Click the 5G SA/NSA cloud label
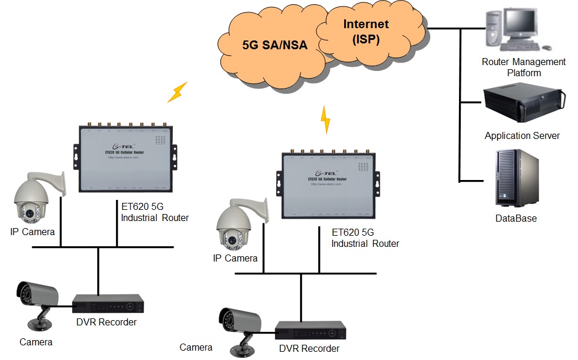(274, 45)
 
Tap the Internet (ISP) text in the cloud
(366, 32)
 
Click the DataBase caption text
(516, 219)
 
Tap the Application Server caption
(522, 136)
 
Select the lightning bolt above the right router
(325, 119)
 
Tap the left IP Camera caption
(32, 232)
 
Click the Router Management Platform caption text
(523, 67)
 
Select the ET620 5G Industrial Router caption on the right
(365, 237)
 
